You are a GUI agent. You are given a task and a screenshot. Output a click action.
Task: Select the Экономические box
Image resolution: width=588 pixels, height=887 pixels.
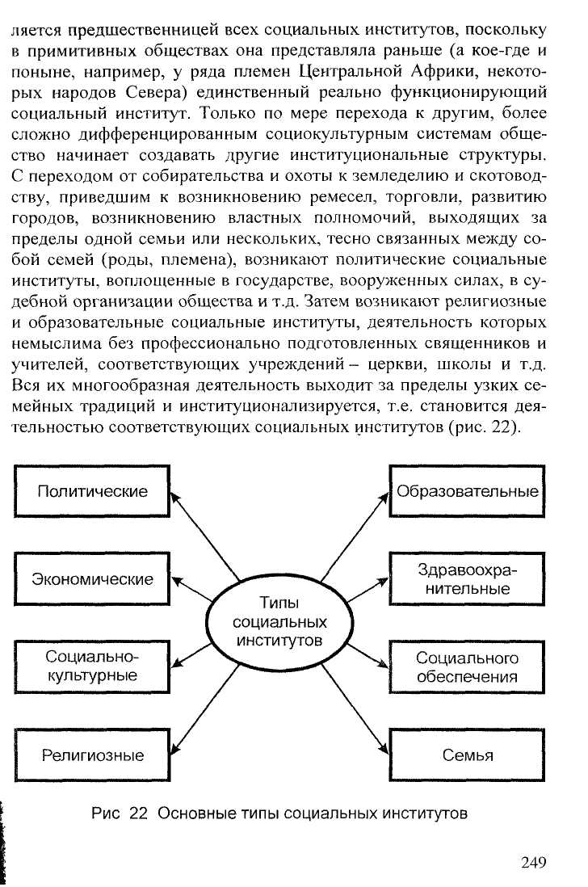(93, 579)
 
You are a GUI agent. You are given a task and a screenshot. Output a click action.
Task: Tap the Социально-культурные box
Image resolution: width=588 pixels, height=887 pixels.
(93, 666)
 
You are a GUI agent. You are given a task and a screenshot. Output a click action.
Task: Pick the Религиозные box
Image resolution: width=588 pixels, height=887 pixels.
(93, 756)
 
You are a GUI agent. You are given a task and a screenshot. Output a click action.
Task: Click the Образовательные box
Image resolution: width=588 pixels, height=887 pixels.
(467, 491)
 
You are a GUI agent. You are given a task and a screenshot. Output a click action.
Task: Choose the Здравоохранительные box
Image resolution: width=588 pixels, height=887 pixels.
(467, 579)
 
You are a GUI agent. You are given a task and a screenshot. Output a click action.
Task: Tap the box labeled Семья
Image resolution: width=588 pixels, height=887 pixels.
(467, 756)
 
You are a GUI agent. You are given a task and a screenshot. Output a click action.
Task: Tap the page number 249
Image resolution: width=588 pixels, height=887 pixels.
(534, 861)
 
